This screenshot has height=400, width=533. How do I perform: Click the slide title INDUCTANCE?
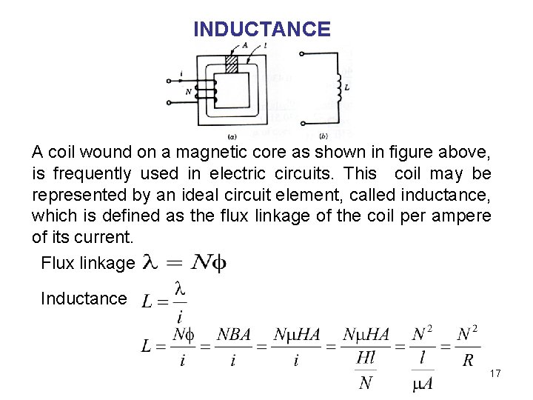point(261,30)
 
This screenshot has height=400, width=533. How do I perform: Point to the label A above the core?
point(245,44)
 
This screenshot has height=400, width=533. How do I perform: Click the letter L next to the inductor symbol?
point(347,87)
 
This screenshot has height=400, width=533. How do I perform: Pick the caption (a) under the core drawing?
point(232,136)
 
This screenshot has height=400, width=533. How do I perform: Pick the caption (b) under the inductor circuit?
point(324,136)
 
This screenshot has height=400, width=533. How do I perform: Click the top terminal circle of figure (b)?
point(301,53)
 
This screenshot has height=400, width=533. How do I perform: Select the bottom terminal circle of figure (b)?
point(301,123)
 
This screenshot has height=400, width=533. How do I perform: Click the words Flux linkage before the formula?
point(88,263)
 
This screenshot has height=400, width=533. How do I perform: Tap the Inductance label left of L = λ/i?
point(84,299)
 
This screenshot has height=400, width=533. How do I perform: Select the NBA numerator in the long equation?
point(234,334)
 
